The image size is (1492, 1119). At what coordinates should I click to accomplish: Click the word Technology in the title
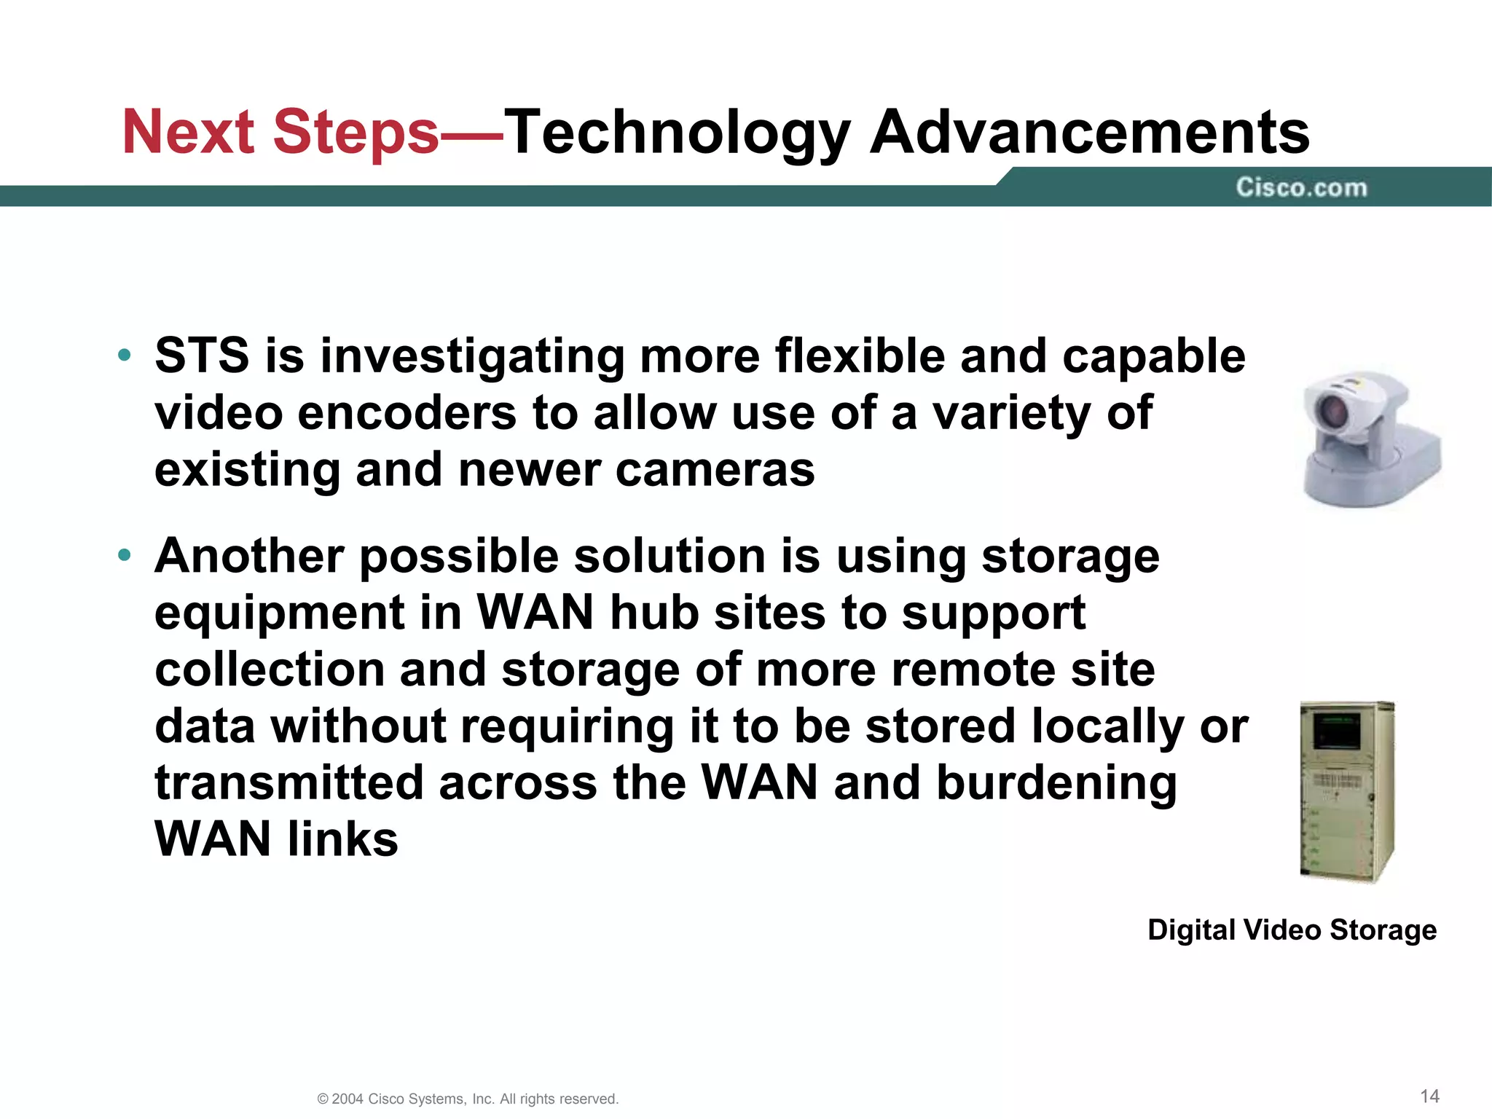coord(678,133)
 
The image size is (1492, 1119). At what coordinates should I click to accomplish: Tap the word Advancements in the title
coord(1090,133)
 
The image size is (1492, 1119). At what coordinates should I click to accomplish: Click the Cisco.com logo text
coord(1301,188)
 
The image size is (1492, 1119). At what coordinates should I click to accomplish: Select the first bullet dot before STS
coord(125,356)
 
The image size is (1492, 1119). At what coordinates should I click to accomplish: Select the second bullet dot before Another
coord(125,556)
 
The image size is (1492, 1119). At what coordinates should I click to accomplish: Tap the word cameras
coord(715,470)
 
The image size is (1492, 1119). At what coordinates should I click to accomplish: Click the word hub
coord(654,613)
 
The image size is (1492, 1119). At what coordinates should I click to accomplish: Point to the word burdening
coord(1056,783)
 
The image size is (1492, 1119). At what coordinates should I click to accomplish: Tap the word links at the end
coord(342,839)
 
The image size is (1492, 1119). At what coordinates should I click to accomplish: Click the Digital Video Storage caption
coord(1292,930)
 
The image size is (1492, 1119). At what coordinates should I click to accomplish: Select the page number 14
coord(1429,1096)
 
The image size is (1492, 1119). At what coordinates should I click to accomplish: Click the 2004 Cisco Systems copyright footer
coord(468,1099)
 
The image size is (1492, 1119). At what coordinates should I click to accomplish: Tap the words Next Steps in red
coord(280,133)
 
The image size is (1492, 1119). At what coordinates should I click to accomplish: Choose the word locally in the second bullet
coord(1108,727)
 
